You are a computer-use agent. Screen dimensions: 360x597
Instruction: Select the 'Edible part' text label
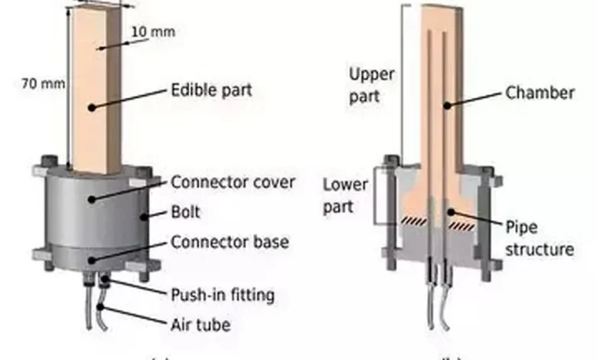click(x=210, y=90)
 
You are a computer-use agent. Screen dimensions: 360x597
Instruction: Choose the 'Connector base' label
click(x=230, y=243)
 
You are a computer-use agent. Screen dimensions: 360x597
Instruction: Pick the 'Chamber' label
click(x=540, y=93)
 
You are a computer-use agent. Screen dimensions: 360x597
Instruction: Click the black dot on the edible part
click(x=92, y=108)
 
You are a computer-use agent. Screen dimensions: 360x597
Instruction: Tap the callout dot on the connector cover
click(x=92, y=198)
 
